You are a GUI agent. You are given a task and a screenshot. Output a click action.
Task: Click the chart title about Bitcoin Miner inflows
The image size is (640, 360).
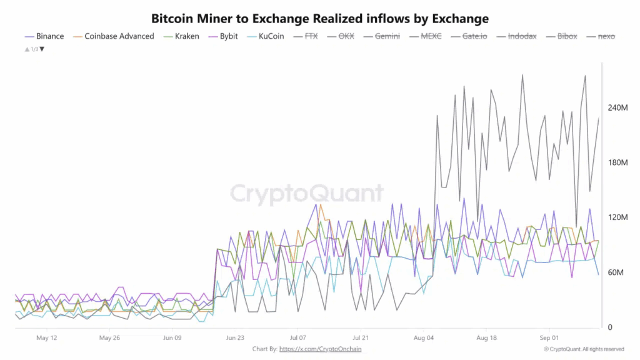[x=319, y=19]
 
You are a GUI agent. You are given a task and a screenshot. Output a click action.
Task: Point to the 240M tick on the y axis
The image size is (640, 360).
[x=617, y=107]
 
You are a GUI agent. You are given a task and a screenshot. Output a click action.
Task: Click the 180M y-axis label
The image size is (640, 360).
[x=617, y=162]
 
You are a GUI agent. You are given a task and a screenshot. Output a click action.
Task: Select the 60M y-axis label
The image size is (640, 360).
[x=617, y=272]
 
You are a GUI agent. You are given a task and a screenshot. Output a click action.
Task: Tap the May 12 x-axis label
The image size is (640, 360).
[x=47, y=338]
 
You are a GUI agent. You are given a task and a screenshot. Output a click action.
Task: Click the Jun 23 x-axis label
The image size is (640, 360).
[x=235, y=338]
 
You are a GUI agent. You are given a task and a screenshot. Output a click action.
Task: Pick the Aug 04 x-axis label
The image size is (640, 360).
[x=423, y=338]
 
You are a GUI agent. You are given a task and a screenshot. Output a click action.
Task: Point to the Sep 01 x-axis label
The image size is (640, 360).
[x=549, y=338]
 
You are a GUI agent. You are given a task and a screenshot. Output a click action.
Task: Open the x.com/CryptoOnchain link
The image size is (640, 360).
[x=320, y=349]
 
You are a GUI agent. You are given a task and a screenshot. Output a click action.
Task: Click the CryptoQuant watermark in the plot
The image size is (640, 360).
[x=307, y=194]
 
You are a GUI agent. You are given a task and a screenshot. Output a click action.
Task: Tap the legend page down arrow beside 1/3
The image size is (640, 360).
[x=42, y=49]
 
